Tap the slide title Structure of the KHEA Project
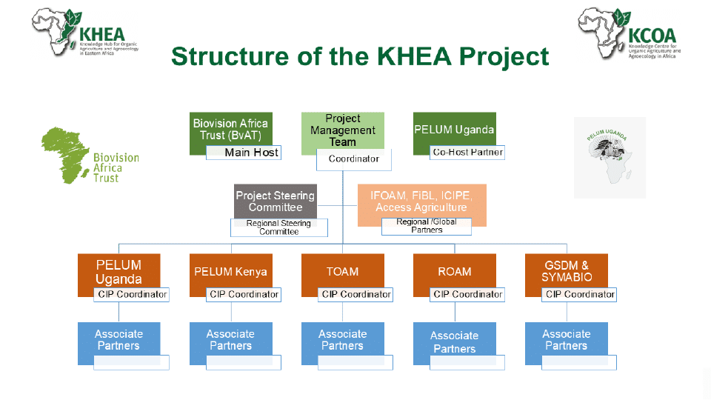360,56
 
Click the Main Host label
244,153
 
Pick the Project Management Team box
343,130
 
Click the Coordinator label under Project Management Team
353,159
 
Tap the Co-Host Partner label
467,153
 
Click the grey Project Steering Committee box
275,200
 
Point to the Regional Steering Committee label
278,227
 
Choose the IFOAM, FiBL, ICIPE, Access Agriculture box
421,200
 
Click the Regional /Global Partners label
427,226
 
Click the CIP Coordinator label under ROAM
467,295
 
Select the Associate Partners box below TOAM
343,339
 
